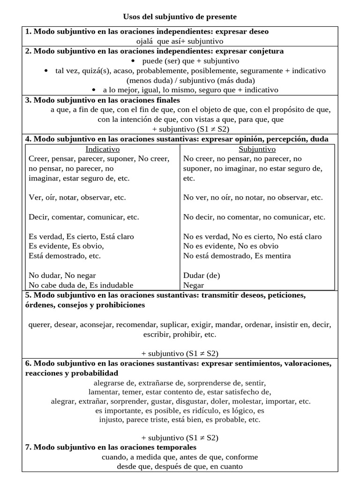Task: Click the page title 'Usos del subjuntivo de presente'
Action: (180, 17)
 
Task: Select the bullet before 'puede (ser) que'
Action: (134, 61)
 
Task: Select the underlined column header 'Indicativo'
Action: (102, 149)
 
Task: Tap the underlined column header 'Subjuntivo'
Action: (257, 149)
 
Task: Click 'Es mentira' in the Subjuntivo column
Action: (272, 256)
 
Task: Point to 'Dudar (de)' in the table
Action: (202, 275)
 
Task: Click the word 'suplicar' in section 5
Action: (173, 324)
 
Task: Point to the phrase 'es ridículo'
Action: (213, 411)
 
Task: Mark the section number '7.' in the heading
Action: (28, 448)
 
